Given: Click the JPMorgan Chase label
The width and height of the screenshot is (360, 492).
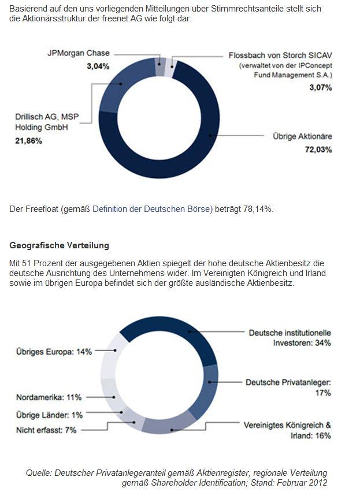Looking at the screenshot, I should pyautogui.click(x=78, y=53).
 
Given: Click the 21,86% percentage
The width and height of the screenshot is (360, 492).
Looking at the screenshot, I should pyautogui.click(x=28, y=140).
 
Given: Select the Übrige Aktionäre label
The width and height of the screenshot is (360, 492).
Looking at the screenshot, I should pyautogui.click(x=302, y=137).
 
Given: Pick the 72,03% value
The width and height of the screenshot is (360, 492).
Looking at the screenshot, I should pyautogui.click(x=318, y=150).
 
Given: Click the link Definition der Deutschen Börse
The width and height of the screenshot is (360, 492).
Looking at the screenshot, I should pyautogui.click(x=153, y=208).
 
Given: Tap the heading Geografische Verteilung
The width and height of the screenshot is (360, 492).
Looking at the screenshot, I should pyautogui.click(x=60, y=245).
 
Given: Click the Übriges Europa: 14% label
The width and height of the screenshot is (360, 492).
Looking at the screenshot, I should pyautogui.click(x=54, y=351).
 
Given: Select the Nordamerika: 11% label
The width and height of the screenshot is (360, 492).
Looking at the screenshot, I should pyautogui.click(x=49, y=397).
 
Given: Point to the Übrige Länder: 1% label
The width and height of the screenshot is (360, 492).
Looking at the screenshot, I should pyautogui.click(x=49, y=415).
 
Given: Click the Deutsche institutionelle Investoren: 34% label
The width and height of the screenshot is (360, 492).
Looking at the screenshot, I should pyautogui.click(x=290, y=338).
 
